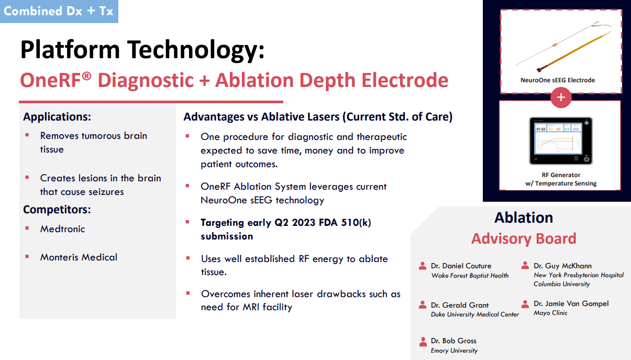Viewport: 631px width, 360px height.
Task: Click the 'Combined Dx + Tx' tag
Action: coord(59,11)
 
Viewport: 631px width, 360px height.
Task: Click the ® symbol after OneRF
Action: coord(86,77)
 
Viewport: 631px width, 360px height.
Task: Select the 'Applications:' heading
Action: coord(57,117)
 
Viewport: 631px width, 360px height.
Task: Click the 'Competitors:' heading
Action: coord(57,210)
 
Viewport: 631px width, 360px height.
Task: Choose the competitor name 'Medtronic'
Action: coord(62,229)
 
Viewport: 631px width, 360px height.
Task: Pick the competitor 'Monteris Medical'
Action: coord(79,257)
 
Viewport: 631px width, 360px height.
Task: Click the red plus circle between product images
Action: coord(561,97)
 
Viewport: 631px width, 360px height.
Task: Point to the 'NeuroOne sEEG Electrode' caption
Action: coord(557,80)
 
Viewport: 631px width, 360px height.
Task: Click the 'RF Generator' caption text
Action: coord(561,175)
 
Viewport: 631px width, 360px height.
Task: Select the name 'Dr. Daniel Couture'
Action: coord(461,266)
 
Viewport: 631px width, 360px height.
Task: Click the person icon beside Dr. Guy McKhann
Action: coord(525,266)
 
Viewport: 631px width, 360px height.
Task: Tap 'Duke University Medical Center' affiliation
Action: coord(475,314)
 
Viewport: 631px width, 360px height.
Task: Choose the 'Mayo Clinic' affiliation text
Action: coord(550,313)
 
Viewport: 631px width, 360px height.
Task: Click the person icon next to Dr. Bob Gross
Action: coord(423,341)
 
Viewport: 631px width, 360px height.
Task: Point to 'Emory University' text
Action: coord(454,351)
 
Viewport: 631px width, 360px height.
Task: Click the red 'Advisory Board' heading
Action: coord(524,238)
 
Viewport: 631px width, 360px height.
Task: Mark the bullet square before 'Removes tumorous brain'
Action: coord(27,135)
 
